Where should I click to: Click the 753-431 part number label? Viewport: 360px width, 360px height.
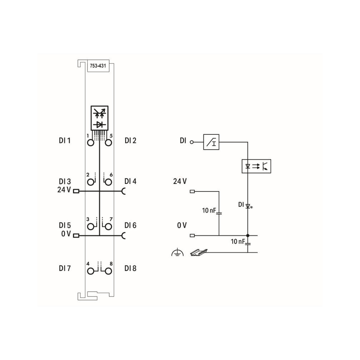pos(98,66)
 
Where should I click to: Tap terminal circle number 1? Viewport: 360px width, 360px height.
pos(91,143)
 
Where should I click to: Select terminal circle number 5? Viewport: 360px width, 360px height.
pos(108,143)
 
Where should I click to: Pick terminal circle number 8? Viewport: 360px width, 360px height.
pos(108,271)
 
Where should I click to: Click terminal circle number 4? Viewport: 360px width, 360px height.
pos(91,271)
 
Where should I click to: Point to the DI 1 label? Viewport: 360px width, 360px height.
pos(65,140)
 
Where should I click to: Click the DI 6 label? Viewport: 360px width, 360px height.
pos(130,226)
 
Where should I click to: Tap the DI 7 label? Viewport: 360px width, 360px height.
pos(65,268)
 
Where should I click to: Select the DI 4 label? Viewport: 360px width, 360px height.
pos(130,181)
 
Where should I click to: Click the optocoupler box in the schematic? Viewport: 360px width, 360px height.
pos(256,166)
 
